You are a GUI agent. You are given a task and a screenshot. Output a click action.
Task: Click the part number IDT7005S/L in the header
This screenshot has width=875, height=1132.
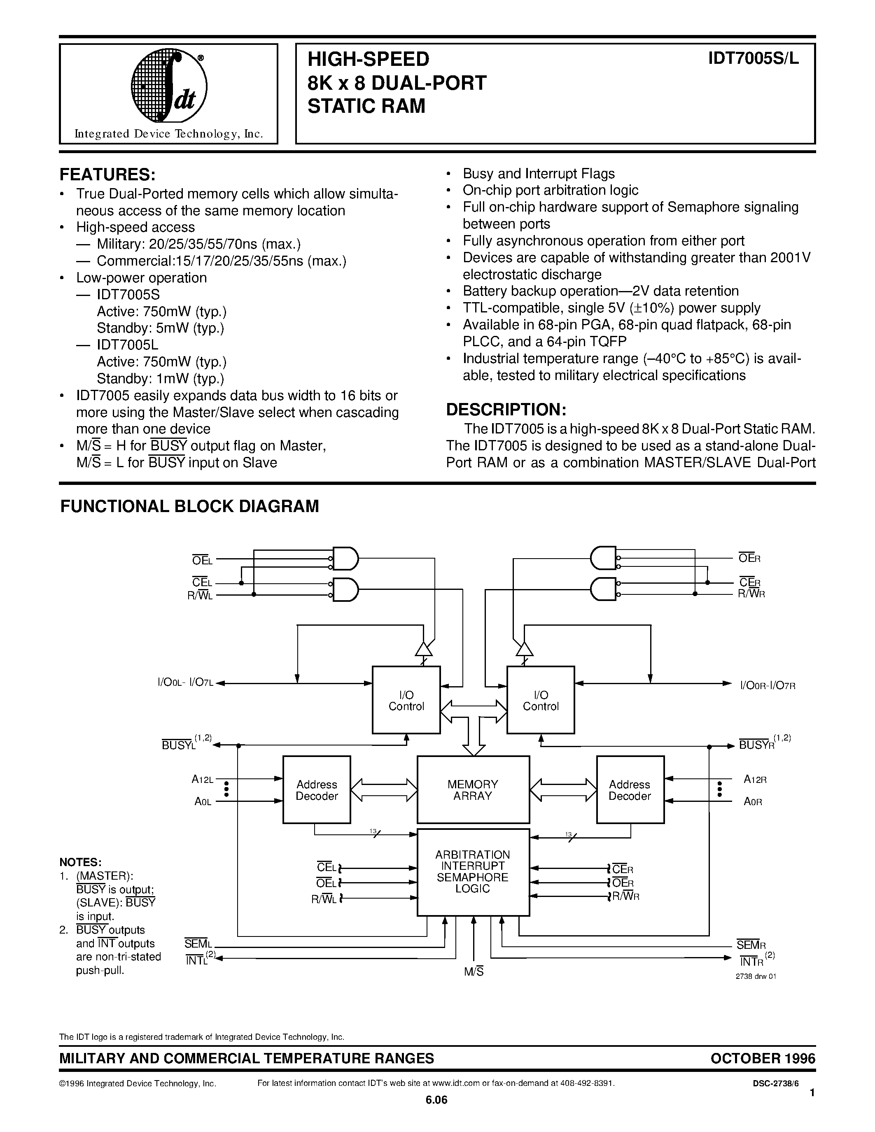(x=754, y=58)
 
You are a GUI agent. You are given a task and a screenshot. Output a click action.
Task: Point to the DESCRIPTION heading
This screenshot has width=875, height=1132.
(x=506, y=410)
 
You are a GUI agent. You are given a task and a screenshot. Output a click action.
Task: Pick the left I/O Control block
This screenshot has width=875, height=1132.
(x=406, y=700)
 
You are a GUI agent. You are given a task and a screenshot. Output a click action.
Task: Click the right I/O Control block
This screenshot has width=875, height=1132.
(x=541, y=700)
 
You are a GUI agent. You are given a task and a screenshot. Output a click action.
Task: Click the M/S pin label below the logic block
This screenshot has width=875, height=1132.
(x=474, y=972)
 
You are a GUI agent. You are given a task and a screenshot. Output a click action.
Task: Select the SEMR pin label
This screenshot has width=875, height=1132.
(x=751, y=944)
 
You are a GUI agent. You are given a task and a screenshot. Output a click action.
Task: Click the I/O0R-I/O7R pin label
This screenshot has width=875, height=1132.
(x=768, y=685)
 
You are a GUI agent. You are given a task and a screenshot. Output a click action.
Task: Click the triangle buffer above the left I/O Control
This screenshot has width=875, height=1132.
(x=425, y=649)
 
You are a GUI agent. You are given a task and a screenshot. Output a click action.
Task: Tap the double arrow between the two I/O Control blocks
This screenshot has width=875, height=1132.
(x=473, y=711)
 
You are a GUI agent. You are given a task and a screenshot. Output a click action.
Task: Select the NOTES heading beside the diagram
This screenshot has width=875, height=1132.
(x=80, y=862)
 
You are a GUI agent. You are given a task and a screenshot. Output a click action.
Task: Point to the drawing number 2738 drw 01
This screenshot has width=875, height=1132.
(x=756, y=976)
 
